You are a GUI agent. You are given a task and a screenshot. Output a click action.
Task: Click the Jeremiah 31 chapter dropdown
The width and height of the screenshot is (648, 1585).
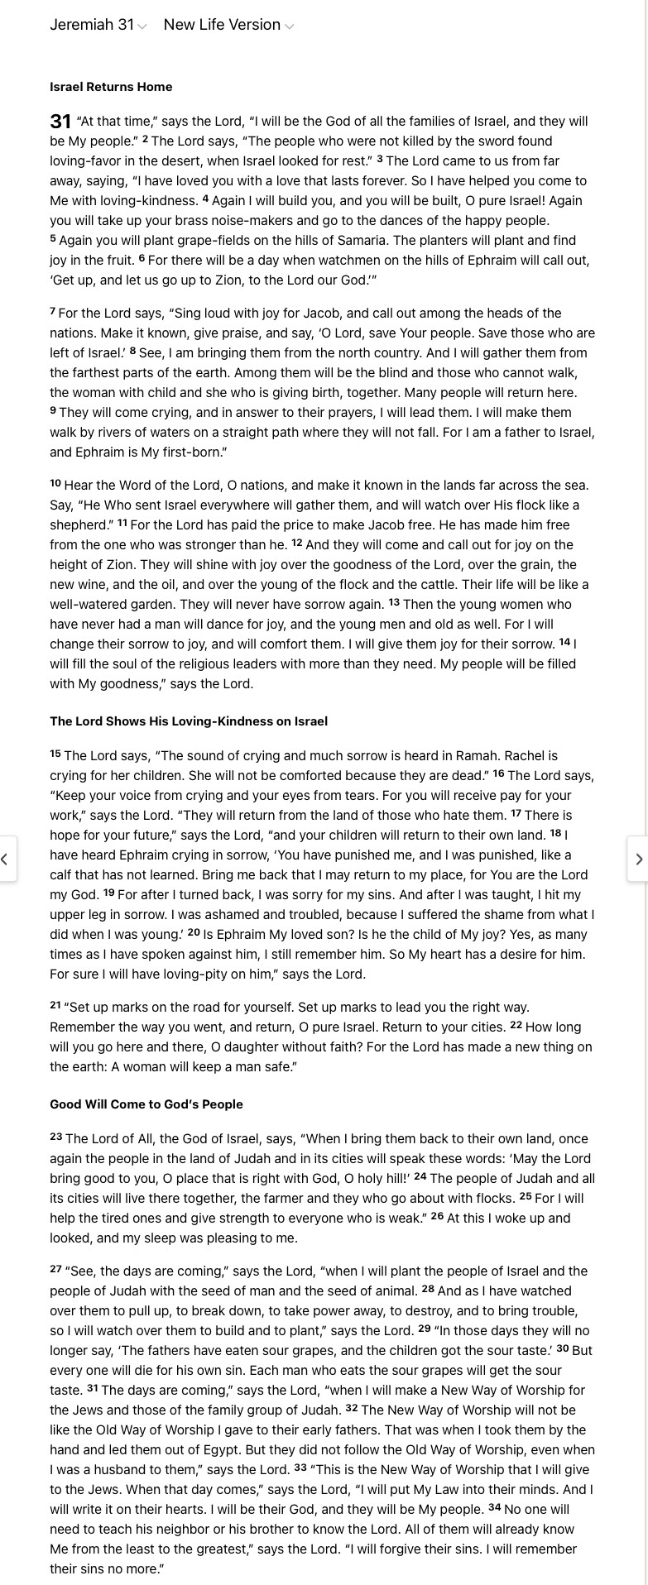(98, 25)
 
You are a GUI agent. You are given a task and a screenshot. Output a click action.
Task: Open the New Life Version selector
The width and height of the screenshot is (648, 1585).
(228, 25)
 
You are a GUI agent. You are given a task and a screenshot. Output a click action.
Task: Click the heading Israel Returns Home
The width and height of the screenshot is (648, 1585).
(111, 87)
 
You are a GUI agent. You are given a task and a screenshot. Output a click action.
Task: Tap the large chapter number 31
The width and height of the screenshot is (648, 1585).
(60, 122)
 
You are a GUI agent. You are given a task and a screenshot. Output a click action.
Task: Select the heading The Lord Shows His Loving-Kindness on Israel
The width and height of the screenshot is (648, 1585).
(189, 721)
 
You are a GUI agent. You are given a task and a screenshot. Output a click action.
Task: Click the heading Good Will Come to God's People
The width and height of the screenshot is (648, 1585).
(146, 1104)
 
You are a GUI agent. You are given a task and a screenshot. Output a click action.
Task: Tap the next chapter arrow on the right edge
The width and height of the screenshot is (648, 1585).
(638, 860)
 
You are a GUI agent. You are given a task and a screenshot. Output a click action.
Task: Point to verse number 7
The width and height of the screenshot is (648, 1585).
(53, 311)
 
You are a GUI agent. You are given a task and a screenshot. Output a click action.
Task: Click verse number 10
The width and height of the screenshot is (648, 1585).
(55, 483)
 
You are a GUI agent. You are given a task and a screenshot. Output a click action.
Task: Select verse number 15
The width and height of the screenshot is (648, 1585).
(55, 754)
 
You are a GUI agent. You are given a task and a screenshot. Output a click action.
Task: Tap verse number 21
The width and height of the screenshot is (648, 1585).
(55, 1005)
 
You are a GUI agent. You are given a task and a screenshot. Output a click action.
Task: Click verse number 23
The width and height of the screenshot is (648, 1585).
(56, 1137)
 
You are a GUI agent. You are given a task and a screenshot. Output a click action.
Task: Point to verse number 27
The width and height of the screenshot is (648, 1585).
(56, 1269)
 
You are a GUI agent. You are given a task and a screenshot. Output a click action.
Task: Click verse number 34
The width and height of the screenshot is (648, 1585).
(494, 1507)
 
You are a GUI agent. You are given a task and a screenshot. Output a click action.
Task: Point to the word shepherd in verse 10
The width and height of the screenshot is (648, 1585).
(78, 525)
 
